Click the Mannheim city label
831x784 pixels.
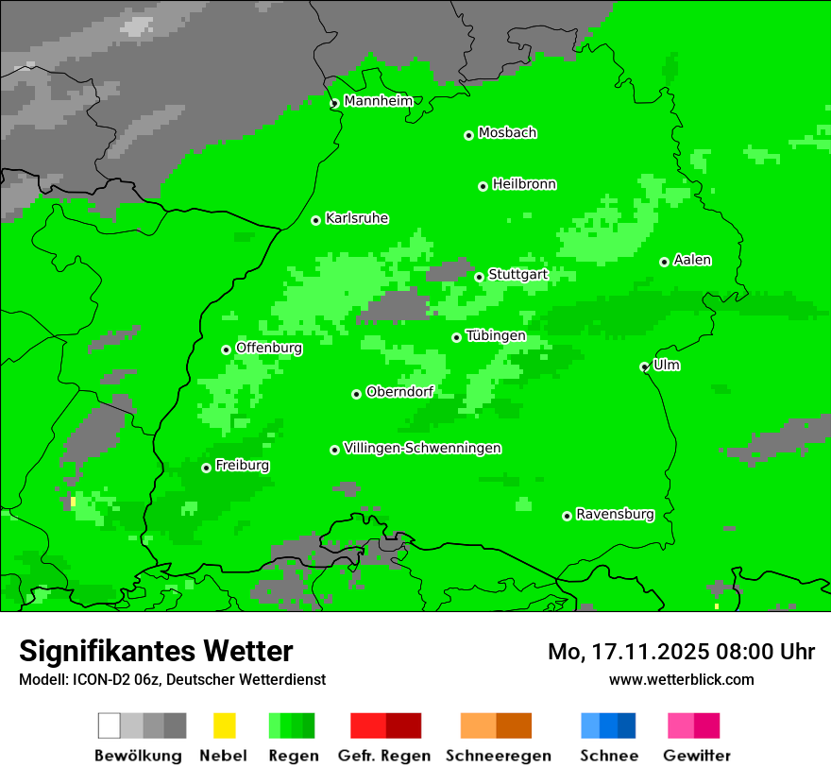pyautogui.click(x=379, y=101)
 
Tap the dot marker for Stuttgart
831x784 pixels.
pyautogui.click(x=480, y=277)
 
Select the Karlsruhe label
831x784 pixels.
pyautogui.click(x=357, y=218)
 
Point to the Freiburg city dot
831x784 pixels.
pyautogui.click(x=206, y=468)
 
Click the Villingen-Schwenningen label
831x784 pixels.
pyautogui.click(x=422, y=448)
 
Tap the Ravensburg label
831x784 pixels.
pyautogui.click(x=615, y=514)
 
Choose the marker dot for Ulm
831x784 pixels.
pyautogui.click(x=644, y=366)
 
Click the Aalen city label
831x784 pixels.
pyautogui.click(x=692, y=260)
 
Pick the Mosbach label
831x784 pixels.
pyautogui.click(x=507, y=133)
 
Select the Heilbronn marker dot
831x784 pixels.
pyautogui.click(x=483, y=186)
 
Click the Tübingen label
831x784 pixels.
pyautogui.click(x=496, y=335)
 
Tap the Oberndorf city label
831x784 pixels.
pyautogui.click(x=399, y=391)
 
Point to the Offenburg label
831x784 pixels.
pyautogui.click(x=269, y=348)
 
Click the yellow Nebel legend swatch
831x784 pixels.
pyautogui.click(x=224, y=725)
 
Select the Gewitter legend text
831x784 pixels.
pyautogui.click(x=697, y=756)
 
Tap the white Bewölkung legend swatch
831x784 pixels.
pyautogui.click(x=110, y=725)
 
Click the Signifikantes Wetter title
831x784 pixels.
pyautogui.click(x=156, y=651)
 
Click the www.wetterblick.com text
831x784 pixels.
pyautogui.click(x=682, y=679)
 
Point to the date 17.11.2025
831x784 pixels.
pyautogui.click(x=637, y=652)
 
